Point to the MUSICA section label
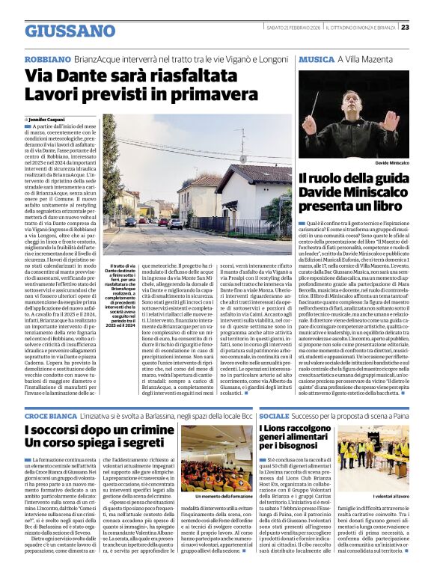[315, 58]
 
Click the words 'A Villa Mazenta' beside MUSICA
[361, 58]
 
